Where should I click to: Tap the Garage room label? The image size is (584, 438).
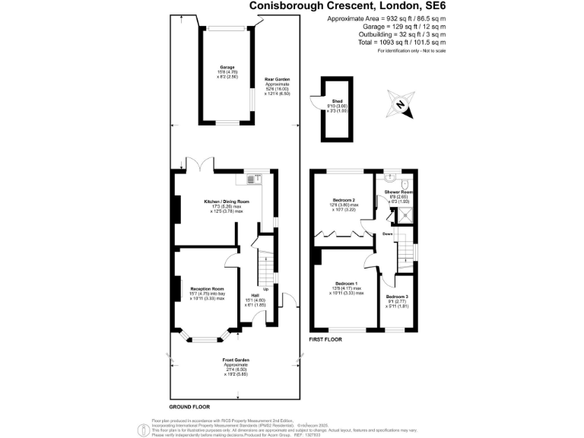227,68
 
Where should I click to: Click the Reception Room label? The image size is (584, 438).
206,289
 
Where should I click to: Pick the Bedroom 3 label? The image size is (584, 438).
397,297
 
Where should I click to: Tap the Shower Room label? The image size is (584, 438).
398,192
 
